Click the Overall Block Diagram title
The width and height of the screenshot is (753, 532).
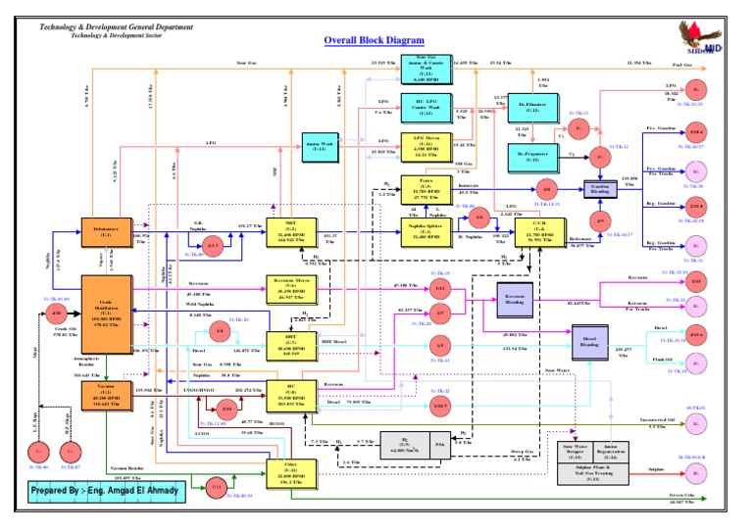375,40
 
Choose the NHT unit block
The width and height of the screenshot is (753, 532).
290,236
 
